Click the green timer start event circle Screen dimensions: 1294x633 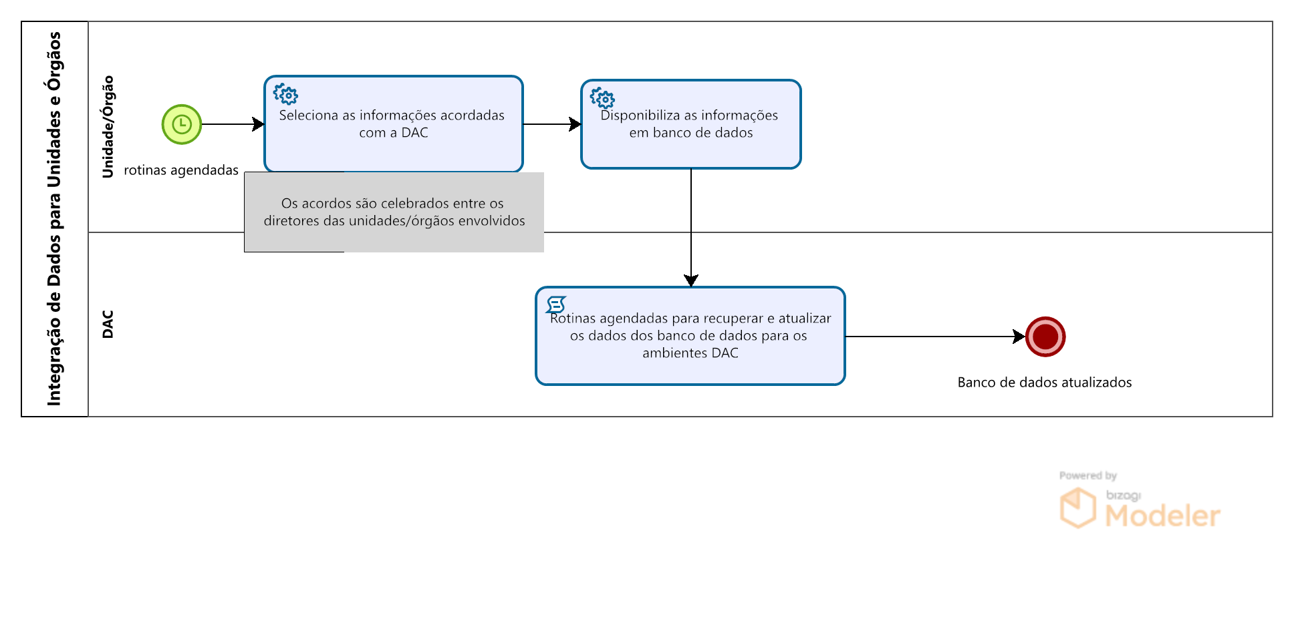pyautogui.click(x=182, y=124)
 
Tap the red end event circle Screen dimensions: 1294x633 pyautogui.click(x=1045, y=337)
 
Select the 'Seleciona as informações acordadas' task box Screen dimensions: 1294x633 pyautogui.click(x=394, y=124)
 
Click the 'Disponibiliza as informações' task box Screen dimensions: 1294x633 pyautogui.click(x=691, y=124)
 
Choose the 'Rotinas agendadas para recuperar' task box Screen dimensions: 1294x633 pyautogui.click(x=690, y=336)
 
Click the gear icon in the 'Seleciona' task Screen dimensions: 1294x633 pyautogui.click(x=286, y=95)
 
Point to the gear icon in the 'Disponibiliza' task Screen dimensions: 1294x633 pyautogui.click(x=602, y=98)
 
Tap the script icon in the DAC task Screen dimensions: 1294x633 pyautogui.click(x=556, y=305)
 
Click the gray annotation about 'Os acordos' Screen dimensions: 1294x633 pyautogui.click(x=394, y=212)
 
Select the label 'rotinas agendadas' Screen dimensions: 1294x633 pyautogui.click(x=181, y=170)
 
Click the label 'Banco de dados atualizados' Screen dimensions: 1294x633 pyautogui.click(x=1045, y=383)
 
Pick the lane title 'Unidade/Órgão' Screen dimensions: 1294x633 pyautogui.click(x=108, y=127)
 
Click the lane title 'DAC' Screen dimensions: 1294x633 pyautogui.click(x=108, y=325)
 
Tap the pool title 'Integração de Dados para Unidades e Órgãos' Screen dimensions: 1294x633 pyautogui.click(x=54, y=219)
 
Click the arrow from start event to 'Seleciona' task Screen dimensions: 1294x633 pyautogui.click(x=233, y=124)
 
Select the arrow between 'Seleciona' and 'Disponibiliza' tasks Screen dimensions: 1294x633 pyautogui.click(x=552, y=124)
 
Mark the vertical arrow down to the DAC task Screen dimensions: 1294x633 pyautogui.click(x=691, y=228)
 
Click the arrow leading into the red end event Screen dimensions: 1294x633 pyautogui.click(x=936, y=337)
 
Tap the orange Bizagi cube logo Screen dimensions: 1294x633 pyautogui.click(x=1077, y=508)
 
